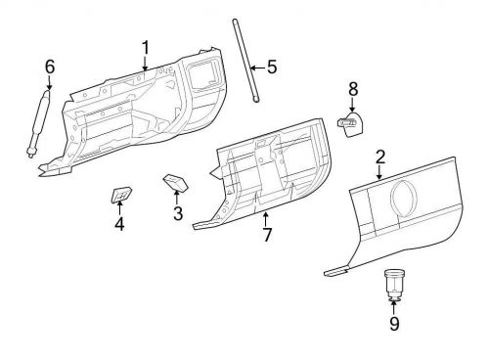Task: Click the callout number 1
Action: pyautogui.click(x=145, y=48)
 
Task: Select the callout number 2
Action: pyautogui.click(x=379, y=156)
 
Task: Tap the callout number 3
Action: pyautogui.click(x=177, y=213)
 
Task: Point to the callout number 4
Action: pyautogui.click(x=118, y=224)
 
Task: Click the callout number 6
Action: pyautogui.click(x=49, y=67)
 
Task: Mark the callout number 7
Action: pyautogui.click(x=265, y=236)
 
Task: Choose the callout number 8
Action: pyautogui.click(x=353, y=89)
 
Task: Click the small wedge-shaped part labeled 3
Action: pyautogui.click(x=176, y=184)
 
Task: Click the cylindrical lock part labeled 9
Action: pyautogui.click(x=393, y=285)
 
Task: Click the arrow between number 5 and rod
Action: pyautogui.click(x=256, y=67)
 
